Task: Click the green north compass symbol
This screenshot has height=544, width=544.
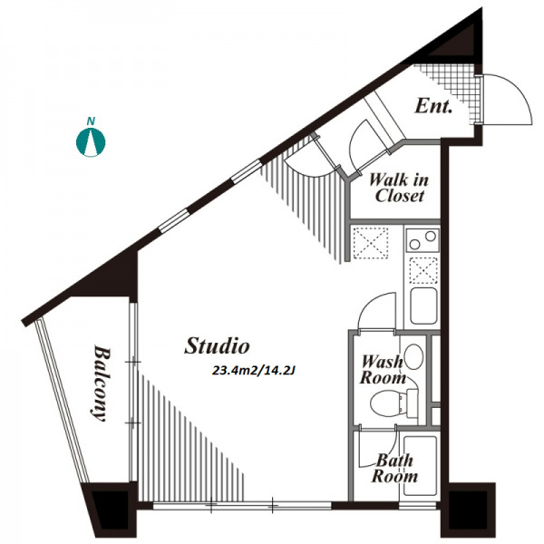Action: [91, 142]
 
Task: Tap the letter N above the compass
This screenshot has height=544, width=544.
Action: [91, 121]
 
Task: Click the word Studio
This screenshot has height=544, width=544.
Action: [217, 345]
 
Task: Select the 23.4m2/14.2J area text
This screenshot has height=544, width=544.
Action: [254, 371]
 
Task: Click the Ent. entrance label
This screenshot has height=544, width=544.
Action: [433, 106]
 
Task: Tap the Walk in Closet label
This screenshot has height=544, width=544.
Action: [399, 188]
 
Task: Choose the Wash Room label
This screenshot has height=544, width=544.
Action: [383, 370]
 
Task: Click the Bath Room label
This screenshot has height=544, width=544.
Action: [394, 468]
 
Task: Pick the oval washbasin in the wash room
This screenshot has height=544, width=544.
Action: [414, 356]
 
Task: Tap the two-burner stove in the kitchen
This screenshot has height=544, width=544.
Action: [423, 240]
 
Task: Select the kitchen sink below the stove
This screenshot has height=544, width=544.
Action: [423, 306]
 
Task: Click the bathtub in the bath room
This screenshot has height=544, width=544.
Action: [420, 466]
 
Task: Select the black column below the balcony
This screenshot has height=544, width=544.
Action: [111, 509]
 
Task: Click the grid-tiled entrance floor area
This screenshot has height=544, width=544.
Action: [451, 89]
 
